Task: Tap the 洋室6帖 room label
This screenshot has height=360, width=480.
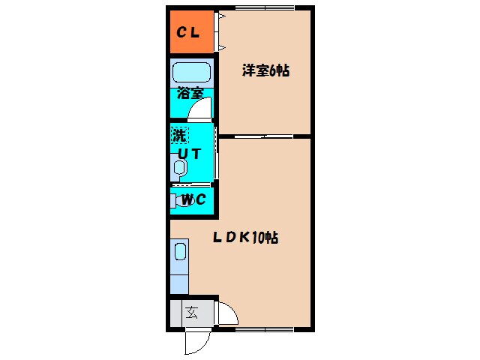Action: tap(265, 71)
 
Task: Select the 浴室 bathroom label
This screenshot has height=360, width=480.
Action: tap(190, 94)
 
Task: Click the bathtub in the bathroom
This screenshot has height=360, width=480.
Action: tap(191, 73)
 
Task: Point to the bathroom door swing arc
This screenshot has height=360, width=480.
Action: tap(200, 111)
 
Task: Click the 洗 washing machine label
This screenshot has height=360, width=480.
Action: tap(179, 136)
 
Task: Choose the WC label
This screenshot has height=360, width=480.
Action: tap(194, 200)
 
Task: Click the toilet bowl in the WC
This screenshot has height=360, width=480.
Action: tap(181, 200)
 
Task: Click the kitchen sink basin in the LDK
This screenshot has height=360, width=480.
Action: tap(180, 250)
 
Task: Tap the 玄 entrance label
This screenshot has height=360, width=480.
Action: tap(191, 313)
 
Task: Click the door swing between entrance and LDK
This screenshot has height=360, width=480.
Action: tap(227, 315)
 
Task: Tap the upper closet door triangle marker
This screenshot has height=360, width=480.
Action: tap(223, 16)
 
